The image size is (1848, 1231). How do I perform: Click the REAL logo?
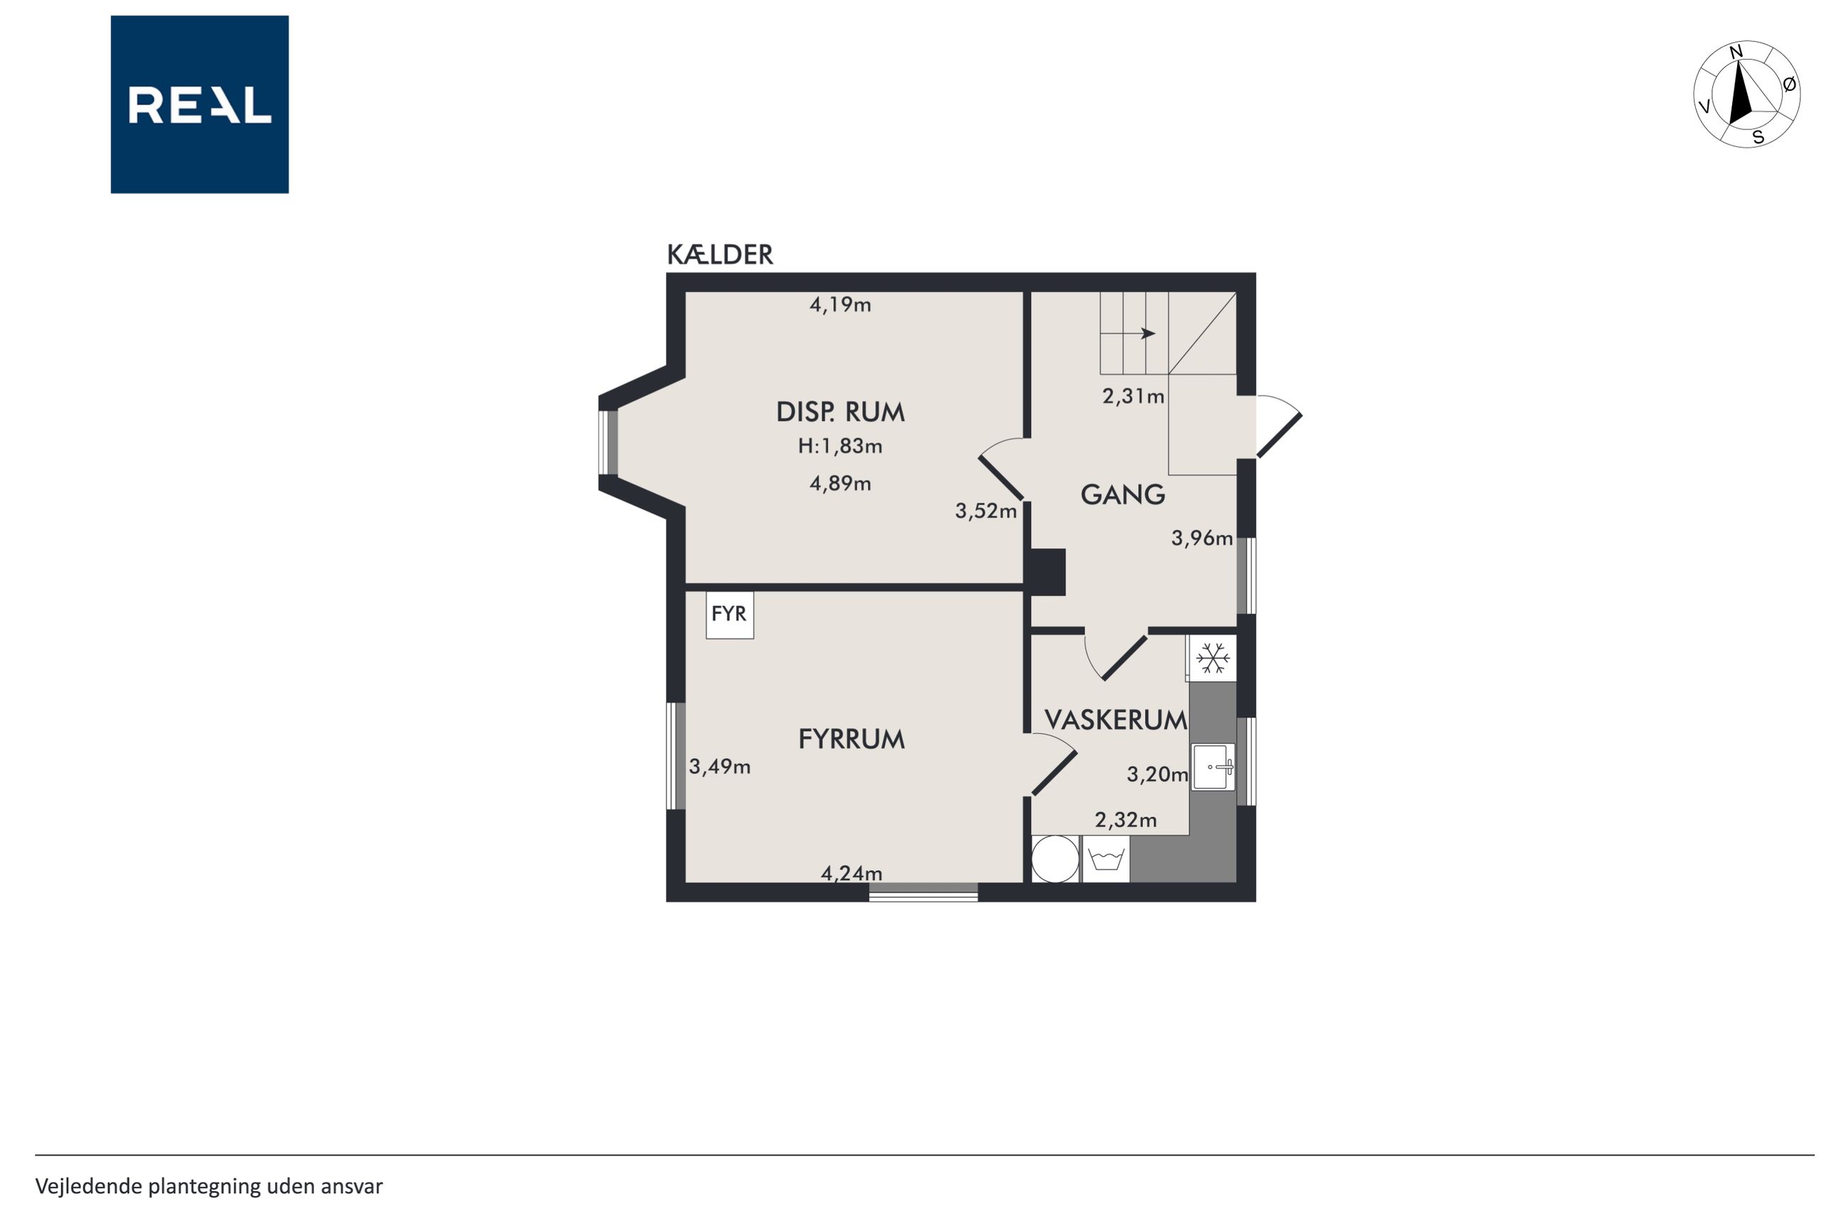coord(200,104)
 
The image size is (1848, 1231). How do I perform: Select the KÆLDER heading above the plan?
coord(719,255)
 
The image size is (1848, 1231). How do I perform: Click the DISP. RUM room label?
coord(839,412)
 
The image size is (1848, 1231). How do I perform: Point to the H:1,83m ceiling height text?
coord(839,447)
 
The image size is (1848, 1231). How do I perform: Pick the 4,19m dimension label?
coord(839,305)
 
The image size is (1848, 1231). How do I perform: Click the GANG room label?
coord(1122,494)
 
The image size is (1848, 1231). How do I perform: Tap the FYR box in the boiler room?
coord(730,614)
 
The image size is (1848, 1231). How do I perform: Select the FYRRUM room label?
coord(852,739)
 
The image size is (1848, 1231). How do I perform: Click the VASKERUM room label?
coord(1115,720)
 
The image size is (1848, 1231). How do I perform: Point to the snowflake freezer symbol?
coord(1213,658)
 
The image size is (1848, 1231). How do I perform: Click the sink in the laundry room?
coord(1213,766)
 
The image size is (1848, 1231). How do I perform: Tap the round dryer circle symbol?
coord(1055,859)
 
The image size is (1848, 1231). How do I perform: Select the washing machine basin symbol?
coord(1106,859)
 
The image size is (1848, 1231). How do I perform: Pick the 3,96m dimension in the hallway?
coord(1202,538)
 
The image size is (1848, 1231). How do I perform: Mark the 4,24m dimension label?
coord(852,873)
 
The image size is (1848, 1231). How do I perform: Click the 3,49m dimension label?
coord(719,767)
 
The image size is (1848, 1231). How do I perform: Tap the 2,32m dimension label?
coord(1125,820)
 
